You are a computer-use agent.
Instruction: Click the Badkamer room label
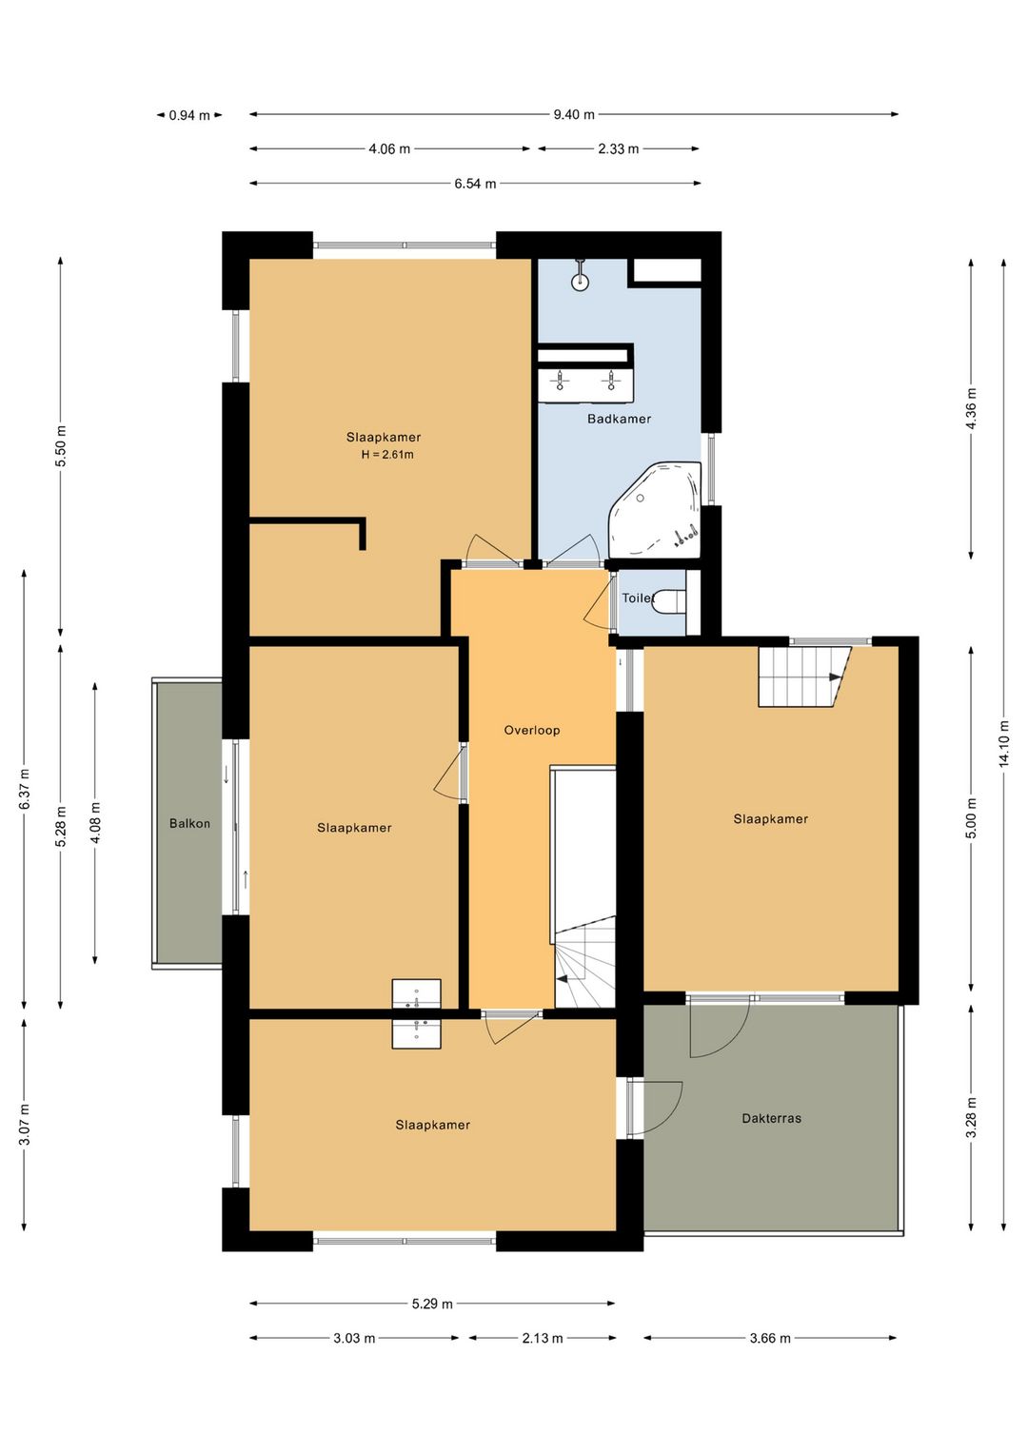click(619, 419)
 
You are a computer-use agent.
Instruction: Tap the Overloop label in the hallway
click(532, 731)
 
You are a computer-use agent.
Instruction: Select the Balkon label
click(189, 824)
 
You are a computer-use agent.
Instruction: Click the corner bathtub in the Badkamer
click(655, 509)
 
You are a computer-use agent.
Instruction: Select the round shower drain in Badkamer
click(580, 282)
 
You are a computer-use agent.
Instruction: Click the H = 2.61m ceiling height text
click(387, 455)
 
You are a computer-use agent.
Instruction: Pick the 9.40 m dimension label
click(573, 115)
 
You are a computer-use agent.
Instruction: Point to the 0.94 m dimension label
click(189, 116)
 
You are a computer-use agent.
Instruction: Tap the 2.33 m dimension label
click(618, 149)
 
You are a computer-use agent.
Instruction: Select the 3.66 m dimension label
click(770, 1338)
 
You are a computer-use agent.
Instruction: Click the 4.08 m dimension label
click(95, 823)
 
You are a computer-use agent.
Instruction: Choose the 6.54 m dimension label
click(475, 184)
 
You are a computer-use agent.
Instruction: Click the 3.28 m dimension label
click(971, 1117)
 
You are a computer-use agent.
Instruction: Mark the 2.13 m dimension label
click(543, 1338)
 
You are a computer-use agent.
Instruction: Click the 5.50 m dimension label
click(61, 446)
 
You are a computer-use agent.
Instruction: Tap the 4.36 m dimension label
click(971, 408)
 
